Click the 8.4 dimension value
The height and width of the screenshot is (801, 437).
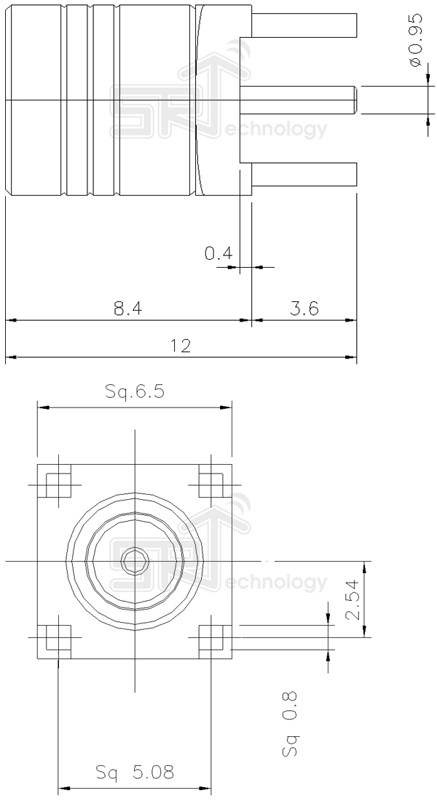(x=127, y=308)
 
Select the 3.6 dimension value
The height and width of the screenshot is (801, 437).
(x=304, y=308)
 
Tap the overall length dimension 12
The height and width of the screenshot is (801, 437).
(x=181, y=346)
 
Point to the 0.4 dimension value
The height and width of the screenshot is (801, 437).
(x=219, y=254)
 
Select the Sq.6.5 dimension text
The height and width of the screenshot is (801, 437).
(x=135, y=392)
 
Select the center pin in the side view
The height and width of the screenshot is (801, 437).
(x=299, y=99)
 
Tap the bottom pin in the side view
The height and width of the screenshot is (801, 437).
(x=304, y=175)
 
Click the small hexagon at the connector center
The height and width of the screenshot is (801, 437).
(x=135, y=562)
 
